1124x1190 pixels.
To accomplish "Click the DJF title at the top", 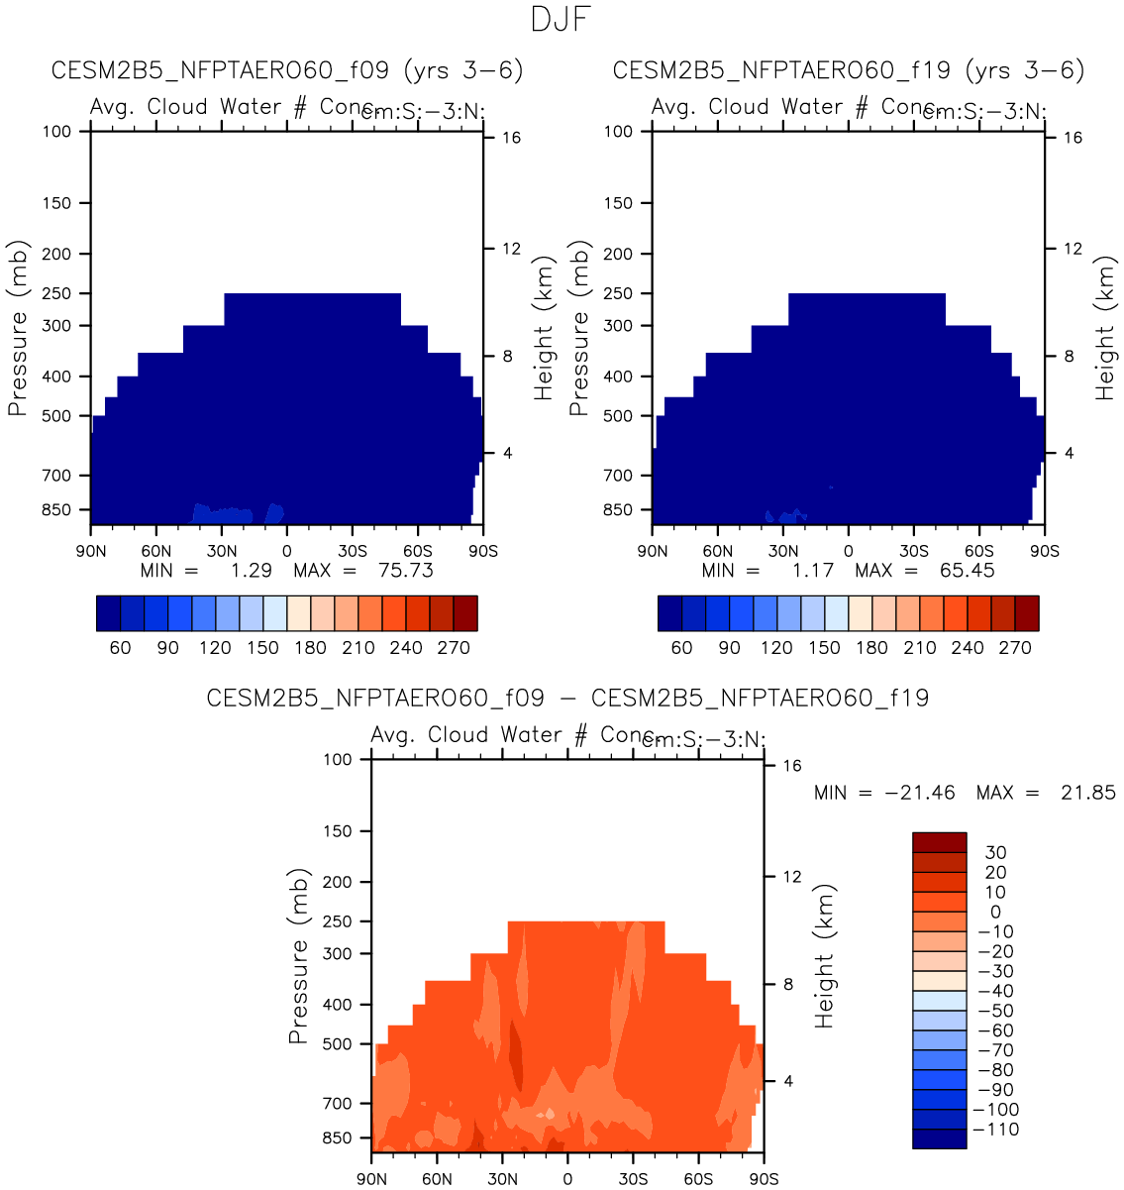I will coord(562,20).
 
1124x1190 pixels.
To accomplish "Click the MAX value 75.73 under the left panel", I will coord(406,570).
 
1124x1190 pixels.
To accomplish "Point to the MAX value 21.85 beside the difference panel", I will coord(1089,793).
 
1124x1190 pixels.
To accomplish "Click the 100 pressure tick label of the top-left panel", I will coord(57,131).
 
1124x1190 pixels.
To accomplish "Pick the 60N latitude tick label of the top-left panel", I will coord(155,552).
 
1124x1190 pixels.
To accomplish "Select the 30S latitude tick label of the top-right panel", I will coord(914,552).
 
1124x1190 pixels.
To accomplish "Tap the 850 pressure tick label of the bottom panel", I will coord(338,1138).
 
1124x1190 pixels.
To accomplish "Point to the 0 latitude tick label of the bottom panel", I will coord(567,1179).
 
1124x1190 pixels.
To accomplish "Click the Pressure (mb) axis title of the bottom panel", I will coord(298,956).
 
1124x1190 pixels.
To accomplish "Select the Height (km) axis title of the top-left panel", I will coord(543,328).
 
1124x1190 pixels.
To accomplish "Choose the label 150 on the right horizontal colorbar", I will coord(824,648).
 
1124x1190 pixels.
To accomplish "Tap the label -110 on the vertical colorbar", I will coord(996,1130).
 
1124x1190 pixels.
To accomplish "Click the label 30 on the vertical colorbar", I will coord(995,853).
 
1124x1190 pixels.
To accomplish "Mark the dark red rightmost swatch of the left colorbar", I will coord(465,613).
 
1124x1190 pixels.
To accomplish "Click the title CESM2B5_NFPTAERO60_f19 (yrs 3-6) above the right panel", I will coord(849,70).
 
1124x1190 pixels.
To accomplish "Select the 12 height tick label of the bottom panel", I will coord(792,877).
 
